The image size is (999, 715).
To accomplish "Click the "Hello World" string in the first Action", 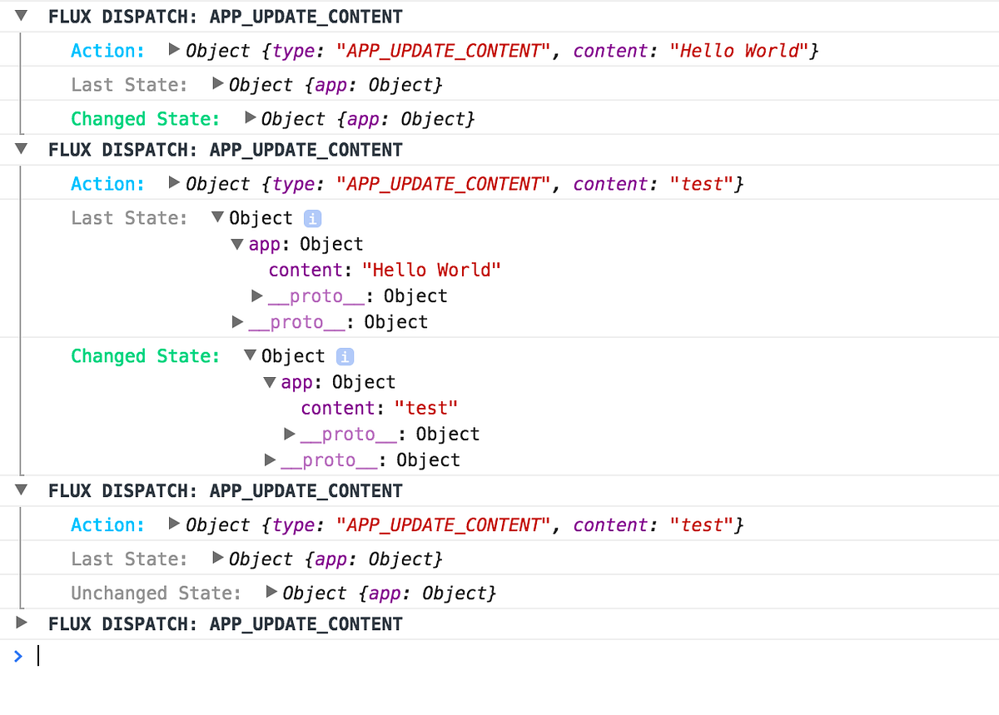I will pyautogui.click(x=744, y=51).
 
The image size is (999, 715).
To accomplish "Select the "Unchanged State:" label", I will pyautogui.click(x=156, y=593).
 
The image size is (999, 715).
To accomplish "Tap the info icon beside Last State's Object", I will pyautogui.click(x=312, y=218).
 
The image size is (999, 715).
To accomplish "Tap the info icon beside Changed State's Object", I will pyautogui.click(x=345, y=356).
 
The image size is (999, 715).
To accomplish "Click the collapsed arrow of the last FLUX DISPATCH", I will pyautogui.click(x=22, y=623).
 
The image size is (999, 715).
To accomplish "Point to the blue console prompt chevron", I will pyautogui.click(x=18, y=656).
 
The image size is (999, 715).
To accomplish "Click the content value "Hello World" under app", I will pyautogui.click(x=432, y=270).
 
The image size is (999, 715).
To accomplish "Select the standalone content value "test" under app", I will pyautogui.click(x=426, y=408).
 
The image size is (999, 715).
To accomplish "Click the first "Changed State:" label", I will pyautogui.click(x=145, y=119).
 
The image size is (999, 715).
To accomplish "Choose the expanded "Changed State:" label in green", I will pyautogui.click(x=145, y=356).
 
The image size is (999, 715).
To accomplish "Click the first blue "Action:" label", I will pyautogui.click(x=107, y=51).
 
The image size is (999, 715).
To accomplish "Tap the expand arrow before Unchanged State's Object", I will pyautogui.click(x=271, y=593).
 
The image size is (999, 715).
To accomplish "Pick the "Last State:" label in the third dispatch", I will pyautogui.click(x=129, y=559).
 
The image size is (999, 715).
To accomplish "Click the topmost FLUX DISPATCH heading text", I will pyautogui.click(x=225, y=16).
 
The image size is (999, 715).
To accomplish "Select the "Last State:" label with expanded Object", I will pyautogui.click(x=129, y=218).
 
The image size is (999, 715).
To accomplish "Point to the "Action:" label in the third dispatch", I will pyautogui.click(x=107, y=525).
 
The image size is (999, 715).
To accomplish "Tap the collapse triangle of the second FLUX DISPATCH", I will pyautogui.click(x=22, y=149).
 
